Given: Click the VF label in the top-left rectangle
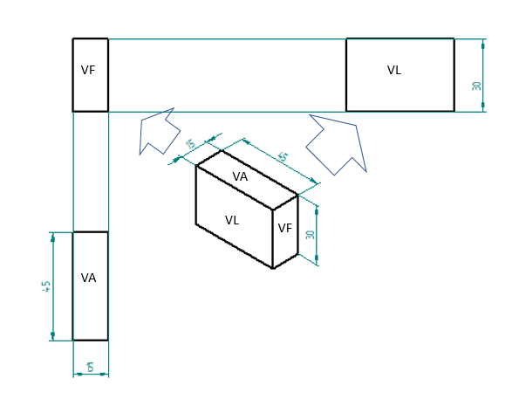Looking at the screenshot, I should [88, 70].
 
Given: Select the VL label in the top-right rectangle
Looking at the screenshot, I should [394, 70].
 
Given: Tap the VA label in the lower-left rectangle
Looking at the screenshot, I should [88, 278].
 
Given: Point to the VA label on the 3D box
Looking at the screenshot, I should [241, 176].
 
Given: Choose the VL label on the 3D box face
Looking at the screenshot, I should [232, 220].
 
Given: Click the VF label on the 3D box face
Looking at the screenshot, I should [285, 229].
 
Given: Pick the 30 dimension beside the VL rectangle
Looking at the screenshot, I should [476, 86].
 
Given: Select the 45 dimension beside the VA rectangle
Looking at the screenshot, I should [46, 286].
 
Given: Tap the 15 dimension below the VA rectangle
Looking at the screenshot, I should [90, 368].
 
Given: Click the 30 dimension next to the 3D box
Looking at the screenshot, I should [310, 234].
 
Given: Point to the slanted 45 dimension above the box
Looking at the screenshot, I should [283, 156].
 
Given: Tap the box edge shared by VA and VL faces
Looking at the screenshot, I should [234, 187].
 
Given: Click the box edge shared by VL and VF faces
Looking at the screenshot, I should [273, 238].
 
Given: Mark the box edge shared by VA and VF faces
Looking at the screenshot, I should [285, 202].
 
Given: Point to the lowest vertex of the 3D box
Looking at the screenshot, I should [273, 268].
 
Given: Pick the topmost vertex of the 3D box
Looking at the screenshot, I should [222, 149].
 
